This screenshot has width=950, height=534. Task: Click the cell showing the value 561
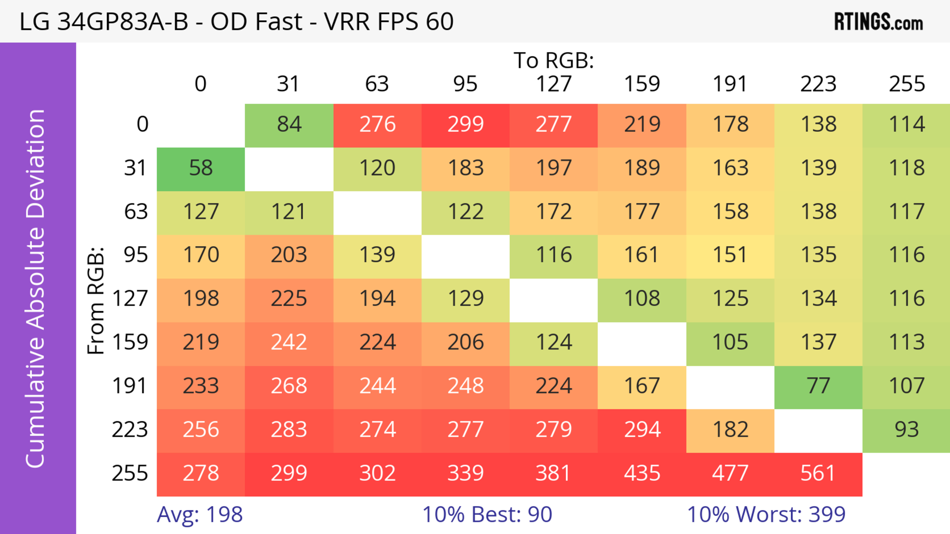818,474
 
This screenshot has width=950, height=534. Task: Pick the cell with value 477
730,474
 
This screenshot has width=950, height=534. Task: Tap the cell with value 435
642,474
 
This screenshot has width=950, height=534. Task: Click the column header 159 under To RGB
642,84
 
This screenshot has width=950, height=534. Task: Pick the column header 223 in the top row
818,84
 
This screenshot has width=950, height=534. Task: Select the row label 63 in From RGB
136,212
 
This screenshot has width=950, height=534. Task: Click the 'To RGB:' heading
554,60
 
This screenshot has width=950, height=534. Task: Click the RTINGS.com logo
879,22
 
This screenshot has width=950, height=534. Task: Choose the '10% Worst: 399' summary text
766,514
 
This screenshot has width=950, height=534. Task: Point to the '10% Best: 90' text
487,514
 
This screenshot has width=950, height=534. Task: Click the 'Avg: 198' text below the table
199,514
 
